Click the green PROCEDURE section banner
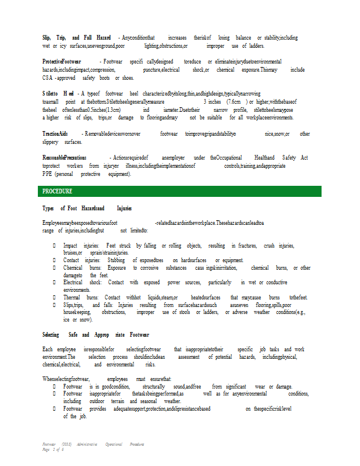(179, 191)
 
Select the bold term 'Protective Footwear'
(62, 61)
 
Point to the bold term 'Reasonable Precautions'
(64, 158)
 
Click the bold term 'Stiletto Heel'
(58, 93)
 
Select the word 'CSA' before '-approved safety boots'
(48, 77)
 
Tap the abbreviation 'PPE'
(48, 174)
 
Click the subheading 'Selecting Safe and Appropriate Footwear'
(96, 335)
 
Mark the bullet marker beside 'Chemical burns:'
(54, 268)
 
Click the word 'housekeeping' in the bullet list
(78, 312)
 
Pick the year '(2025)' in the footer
(66, 444)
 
